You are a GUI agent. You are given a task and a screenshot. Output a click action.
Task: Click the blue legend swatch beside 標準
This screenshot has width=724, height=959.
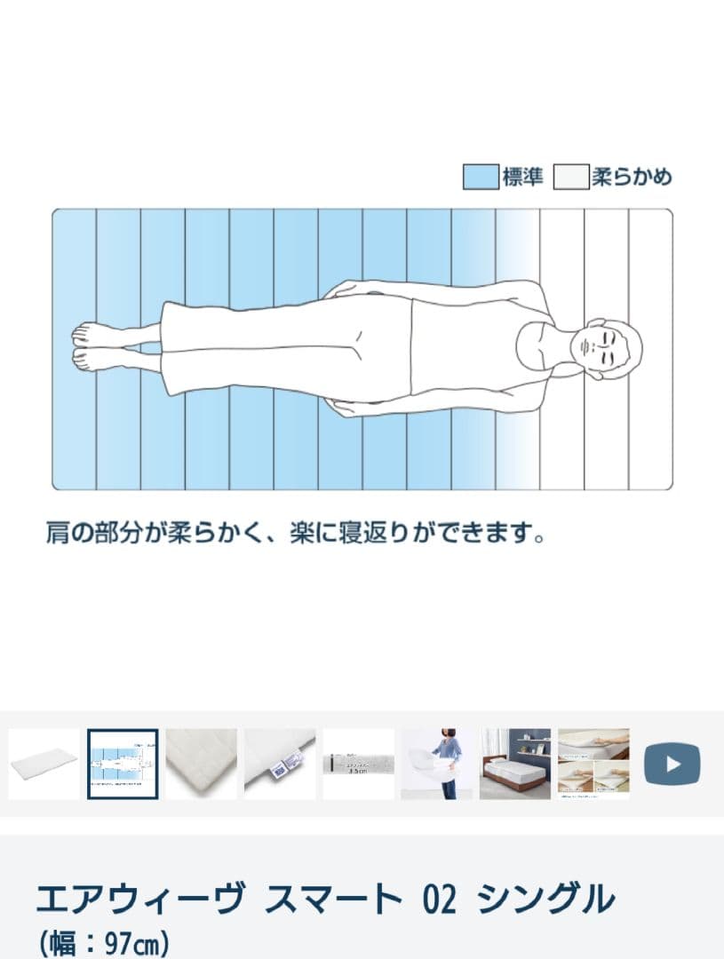pos(480,177)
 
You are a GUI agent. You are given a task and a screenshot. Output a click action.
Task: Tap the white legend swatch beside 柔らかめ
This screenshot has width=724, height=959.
pos(571,177)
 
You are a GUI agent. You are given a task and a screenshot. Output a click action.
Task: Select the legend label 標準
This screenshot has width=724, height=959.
pos(522,177)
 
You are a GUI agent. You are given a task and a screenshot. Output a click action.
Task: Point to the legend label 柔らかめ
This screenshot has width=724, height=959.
pos(632,177)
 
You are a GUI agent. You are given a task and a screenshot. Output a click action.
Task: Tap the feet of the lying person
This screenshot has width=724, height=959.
pos(90,346)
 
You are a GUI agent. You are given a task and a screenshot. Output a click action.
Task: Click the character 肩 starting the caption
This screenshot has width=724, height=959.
pos(58,535)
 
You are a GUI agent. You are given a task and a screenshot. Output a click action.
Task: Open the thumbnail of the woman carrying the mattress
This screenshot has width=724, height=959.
pos(435,764)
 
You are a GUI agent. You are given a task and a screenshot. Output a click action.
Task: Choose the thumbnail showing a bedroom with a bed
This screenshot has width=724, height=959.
pos(514,764)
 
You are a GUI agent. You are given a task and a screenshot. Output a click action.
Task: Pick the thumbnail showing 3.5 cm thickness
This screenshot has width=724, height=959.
pos(358,764)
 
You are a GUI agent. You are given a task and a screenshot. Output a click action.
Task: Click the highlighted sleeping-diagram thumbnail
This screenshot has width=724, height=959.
pos(123,764)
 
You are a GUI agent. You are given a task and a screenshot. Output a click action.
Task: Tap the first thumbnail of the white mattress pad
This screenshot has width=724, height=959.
pos(44,764)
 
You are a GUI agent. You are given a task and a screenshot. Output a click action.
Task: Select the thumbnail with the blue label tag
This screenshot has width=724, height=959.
pos(280,764)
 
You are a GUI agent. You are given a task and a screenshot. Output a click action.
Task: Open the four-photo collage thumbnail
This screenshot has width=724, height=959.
pos(593,764)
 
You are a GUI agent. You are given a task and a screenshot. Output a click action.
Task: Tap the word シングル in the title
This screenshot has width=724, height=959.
pos(545,900)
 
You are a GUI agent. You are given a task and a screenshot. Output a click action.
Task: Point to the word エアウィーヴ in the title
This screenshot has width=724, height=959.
pos(140,900)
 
